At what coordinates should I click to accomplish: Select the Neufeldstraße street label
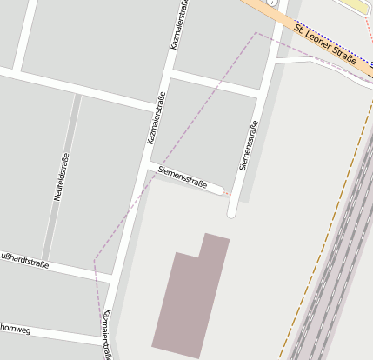(60, 177)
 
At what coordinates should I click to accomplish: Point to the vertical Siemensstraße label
(250, 144)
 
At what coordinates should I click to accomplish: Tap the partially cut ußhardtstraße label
(24, 259)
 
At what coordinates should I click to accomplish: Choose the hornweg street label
(15, 330)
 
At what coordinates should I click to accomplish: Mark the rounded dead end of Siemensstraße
(232, 211)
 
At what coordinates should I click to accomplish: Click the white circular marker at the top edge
(271, 3)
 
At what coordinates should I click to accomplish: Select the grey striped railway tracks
(335, 278)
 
